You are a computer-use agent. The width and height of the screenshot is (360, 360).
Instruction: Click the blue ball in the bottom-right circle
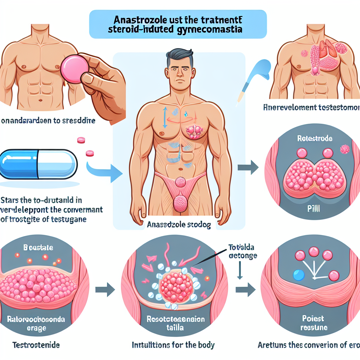click(298, 275)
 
